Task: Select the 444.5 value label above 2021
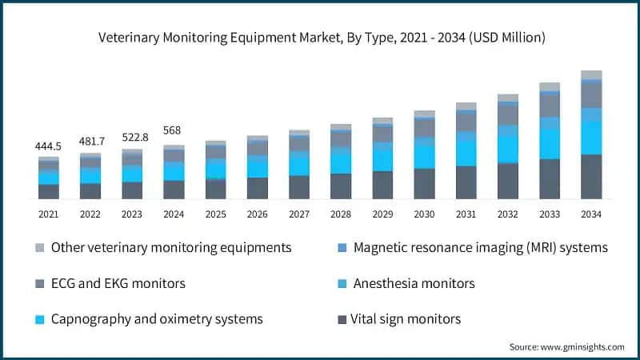click(x=49, y=147)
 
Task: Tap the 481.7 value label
click(x=90, y=142)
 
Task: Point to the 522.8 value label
click(x=132, y=138)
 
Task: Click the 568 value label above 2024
click(x=174, y=130)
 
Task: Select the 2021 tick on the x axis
click(x=49, y=214)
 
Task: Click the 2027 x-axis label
click(x=299, y=214)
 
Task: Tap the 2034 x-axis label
click(x=591, y=214)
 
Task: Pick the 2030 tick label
click(x=424, y=214)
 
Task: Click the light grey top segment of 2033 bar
click(x=550, y=86)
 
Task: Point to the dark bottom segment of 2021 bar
click(x=49, y=191)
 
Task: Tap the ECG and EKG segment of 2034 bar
click(x=591, y=95)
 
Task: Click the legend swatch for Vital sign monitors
click(x=342, y=319)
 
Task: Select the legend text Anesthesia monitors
click(x=414, y=283)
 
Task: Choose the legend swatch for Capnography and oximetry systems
click(x=39, y=319)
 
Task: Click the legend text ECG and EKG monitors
click(x=118, y=283)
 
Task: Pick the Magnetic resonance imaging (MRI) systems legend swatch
click(x=342, y=248)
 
